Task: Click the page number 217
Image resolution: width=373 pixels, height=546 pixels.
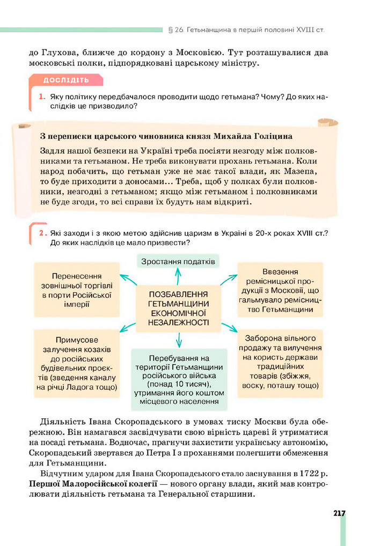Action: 339,513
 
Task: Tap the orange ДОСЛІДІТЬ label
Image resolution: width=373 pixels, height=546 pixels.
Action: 66,80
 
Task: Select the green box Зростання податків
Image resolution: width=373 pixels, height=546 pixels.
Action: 178,261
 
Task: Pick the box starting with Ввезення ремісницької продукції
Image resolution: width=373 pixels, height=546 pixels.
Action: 280,290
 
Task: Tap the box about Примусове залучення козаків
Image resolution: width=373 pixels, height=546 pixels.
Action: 76,363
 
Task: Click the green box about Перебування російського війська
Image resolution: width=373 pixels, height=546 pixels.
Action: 179,379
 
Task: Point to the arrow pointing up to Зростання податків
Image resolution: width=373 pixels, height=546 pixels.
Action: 178,276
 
